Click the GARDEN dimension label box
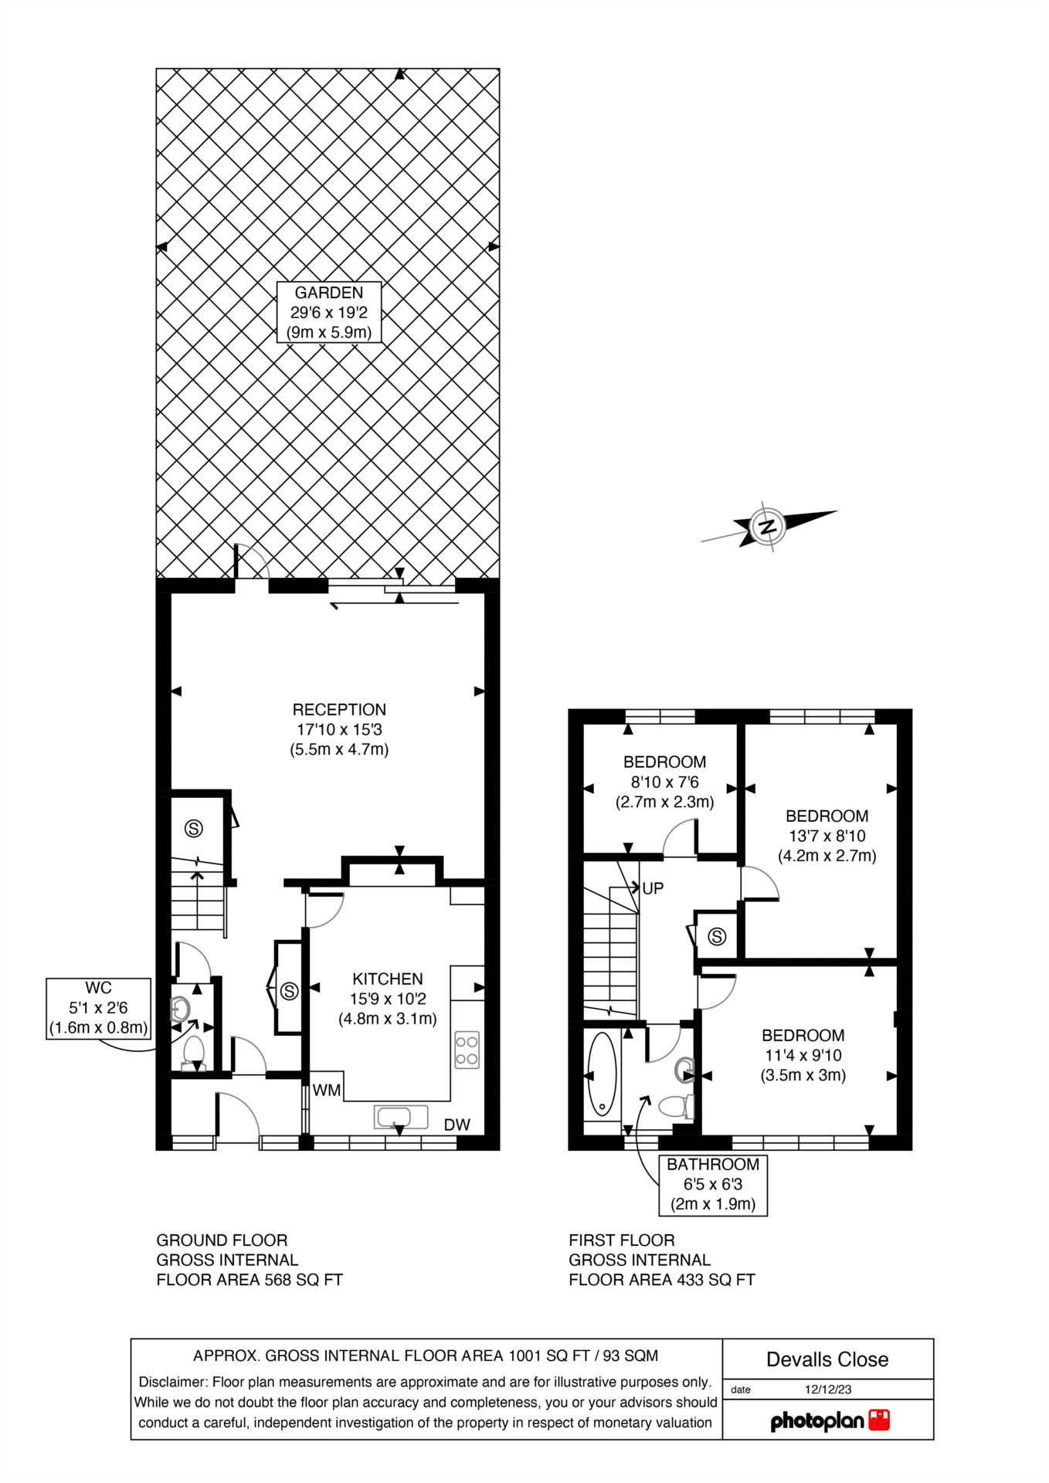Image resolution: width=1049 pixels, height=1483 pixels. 329,313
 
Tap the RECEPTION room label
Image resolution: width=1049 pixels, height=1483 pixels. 339,729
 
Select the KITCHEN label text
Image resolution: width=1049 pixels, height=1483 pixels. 388,999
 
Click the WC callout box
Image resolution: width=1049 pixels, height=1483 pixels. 98,1008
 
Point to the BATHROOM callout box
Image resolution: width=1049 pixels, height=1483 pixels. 713,1185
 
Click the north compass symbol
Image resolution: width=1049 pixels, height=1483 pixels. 769,527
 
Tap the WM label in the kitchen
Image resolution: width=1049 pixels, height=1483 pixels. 327,1091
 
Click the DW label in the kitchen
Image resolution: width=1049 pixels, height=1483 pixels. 457,1125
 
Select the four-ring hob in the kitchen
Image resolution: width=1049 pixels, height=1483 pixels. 467,1050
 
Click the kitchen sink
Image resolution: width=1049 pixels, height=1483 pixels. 401,1117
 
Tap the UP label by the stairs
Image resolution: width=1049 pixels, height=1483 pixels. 653,888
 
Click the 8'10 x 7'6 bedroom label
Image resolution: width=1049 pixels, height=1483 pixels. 664,782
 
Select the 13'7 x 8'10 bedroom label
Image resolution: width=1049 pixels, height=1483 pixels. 827,836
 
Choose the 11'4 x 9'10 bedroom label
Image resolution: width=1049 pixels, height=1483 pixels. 803,1055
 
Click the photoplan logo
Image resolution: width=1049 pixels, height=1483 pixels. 830,1420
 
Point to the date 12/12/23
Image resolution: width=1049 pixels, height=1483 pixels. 828,1389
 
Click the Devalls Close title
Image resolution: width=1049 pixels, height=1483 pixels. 827,1359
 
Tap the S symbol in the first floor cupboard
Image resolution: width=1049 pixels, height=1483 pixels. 717,937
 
